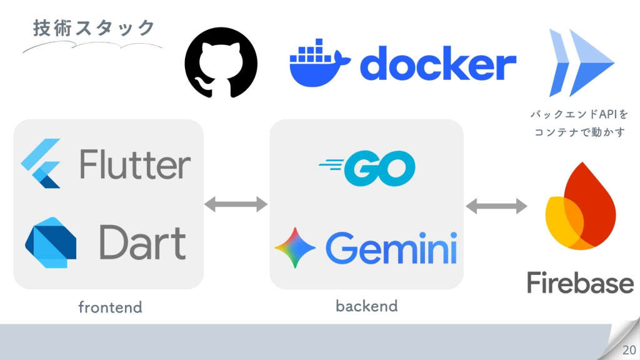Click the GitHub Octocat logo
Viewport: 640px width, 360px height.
pos(221,62)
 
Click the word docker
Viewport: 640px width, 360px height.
pos(438,64)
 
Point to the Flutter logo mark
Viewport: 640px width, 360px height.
pos(41,163)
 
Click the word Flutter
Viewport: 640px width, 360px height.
pos(135,165)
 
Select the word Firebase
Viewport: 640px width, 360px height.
pos(580,282)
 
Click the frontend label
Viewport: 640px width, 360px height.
pos(110,307)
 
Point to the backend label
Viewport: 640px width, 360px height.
pos(366,306)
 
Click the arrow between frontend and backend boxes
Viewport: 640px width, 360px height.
pos(236,204)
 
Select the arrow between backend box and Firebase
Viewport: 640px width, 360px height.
pos(497,206)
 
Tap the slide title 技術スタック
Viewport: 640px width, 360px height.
pos(94,28)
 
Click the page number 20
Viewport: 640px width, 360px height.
pos(628,349)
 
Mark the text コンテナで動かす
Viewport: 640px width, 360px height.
pos(579,132)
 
